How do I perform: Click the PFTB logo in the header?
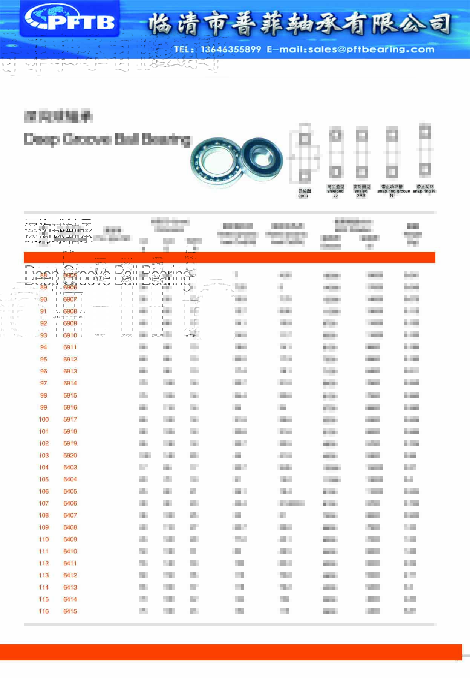pos(70,19)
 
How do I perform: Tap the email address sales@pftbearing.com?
pos(351,49)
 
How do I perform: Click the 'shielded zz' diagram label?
pos(335,191)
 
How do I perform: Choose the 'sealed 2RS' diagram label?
pos(361,191)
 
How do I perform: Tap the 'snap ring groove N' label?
pos(393,191)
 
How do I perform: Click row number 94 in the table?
pos(44,347)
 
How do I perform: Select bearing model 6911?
pos(70,347)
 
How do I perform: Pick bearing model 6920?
pos(70,456)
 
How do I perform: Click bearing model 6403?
pos(70,468)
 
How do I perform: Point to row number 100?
pos(44,419)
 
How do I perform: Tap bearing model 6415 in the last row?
pos(70,611)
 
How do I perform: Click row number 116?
pos(44,611)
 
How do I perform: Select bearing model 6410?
pos(70,552)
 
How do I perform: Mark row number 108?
pos(44,515)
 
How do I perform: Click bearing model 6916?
pos(70,407)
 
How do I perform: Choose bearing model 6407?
pos(70,515)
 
